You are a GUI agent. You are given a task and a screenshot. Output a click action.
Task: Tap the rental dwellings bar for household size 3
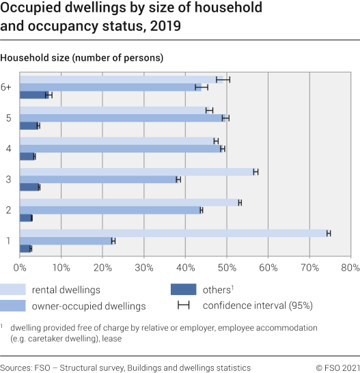(137, 171)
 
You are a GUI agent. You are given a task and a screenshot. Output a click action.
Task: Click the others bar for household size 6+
(34, 94)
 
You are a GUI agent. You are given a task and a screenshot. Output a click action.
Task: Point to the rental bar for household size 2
(130, 202)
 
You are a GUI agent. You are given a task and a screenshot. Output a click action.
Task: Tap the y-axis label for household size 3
(8, 179)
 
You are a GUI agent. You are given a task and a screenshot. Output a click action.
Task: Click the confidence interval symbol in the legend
(184, 305)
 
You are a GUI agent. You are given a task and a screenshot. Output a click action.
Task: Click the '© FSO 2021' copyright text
(333, 368)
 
